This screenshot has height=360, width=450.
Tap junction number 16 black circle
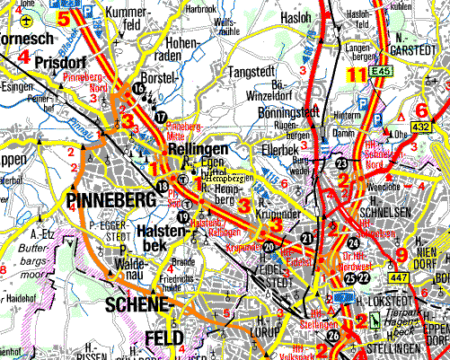click(x=137, y=88)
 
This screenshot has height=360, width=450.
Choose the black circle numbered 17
click(x=160, y=117)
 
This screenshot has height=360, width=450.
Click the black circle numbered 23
click(x=341, y=162)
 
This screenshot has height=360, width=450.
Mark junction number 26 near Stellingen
click(x=333, y=337)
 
